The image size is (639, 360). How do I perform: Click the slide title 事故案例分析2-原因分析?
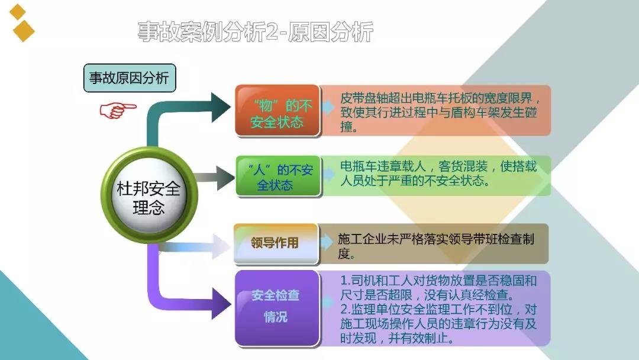tap(255, 32)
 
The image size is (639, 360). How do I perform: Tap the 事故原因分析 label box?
tap(130, 78)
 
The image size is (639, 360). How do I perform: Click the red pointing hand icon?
tap(117, 110)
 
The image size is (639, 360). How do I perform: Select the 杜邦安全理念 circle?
tap(149, 196)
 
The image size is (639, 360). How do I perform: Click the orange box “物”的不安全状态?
tap(277, 111)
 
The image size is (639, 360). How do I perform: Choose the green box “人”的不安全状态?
tap(278, 176)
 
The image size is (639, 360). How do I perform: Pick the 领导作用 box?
tap(276, 243)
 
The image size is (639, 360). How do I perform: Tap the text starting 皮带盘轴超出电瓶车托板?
tap(440, 112)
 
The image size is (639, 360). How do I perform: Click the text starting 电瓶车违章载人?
tap(438, 173)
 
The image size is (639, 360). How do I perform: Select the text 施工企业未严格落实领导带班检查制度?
tap(435, 246)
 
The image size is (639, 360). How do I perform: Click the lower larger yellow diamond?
tap(24, 31)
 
